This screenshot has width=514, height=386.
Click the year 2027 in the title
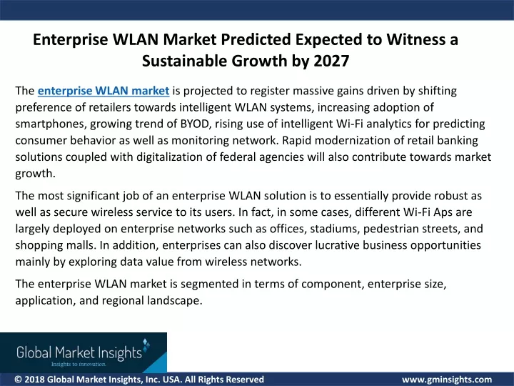pos(331,61)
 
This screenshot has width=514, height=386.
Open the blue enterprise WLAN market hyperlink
pos(104,91)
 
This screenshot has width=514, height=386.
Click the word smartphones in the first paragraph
pos(51,124)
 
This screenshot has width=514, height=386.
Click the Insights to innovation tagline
pos(79,364)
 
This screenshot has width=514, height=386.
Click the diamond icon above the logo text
pos(146,343)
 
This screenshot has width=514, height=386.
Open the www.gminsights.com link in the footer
pos(447,380)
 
